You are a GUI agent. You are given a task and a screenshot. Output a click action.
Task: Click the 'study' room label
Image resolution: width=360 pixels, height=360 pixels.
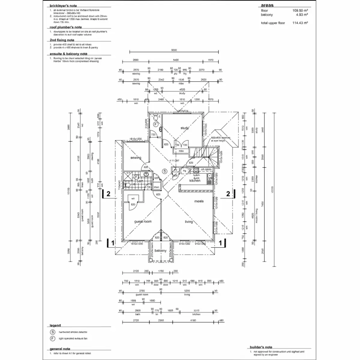184,128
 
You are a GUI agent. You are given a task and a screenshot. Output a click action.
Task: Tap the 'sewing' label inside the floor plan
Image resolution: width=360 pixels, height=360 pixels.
136,158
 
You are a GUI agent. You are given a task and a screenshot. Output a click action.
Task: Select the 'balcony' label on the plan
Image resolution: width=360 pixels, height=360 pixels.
160,250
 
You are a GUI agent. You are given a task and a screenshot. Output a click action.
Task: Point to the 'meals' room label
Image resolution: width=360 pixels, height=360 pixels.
199,201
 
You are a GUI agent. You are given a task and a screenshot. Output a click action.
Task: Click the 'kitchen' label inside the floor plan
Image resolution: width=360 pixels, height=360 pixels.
195,181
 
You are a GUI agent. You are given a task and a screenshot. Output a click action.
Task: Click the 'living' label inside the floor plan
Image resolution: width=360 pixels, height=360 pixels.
189,222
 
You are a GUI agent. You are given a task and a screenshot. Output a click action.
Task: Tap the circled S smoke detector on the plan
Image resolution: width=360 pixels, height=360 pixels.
164,171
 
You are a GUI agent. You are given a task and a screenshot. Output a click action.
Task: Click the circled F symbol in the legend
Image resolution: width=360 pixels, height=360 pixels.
53,338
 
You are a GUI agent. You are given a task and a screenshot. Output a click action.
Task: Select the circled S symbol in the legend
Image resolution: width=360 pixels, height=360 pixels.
53,332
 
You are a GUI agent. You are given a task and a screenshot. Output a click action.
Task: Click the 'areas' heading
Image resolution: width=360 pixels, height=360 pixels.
267,5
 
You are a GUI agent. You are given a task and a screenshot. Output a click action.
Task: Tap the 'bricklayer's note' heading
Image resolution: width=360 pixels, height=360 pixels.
63,6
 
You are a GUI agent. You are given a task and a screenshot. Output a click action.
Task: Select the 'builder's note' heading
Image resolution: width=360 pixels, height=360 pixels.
261,347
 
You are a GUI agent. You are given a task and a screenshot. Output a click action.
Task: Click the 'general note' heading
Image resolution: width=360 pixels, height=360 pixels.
60,349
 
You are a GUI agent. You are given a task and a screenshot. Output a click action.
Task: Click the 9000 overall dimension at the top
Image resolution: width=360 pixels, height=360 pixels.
174,50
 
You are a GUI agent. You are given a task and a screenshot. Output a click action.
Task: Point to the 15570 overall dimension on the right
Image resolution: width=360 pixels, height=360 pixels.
272,189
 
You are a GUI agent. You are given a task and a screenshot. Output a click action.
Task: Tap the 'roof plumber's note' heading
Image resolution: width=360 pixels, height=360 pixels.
66,27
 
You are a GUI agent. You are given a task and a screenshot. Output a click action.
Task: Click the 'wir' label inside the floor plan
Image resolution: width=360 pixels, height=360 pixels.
133,198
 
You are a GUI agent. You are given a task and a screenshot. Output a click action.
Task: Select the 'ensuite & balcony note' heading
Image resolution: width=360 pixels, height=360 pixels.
68,54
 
